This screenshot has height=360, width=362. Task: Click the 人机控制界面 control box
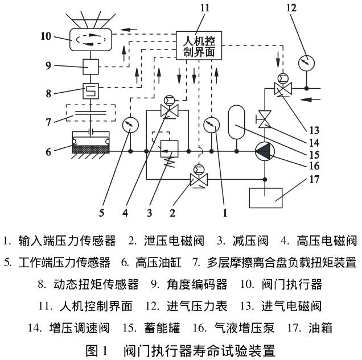pos(199,42)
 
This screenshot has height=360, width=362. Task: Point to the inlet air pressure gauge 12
pos(307,61)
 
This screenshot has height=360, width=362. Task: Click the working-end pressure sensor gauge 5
pos(130,123)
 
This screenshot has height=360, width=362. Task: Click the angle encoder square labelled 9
pos(91,67)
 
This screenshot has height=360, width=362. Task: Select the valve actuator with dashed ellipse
pos(91,39)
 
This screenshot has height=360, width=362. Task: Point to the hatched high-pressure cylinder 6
pos(91,146)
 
